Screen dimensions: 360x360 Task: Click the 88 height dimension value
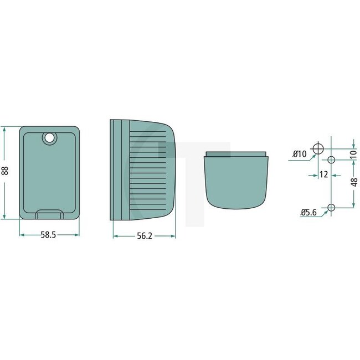[6, 172]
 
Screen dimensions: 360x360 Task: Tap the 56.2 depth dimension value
[144, 236]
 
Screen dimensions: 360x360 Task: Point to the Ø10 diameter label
[299, 153]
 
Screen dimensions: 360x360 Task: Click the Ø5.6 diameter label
[309, 212]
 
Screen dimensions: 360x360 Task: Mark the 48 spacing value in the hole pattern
[354, 181]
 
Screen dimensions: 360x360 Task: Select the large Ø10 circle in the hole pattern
[318, 148]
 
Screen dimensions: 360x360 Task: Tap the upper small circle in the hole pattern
[331, 160]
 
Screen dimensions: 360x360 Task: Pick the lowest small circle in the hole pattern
[331, 208]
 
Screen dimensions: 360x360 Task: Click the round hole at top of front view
[49, 138]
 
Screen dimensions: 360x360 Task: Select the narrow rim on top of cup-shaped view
[236, 154]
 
